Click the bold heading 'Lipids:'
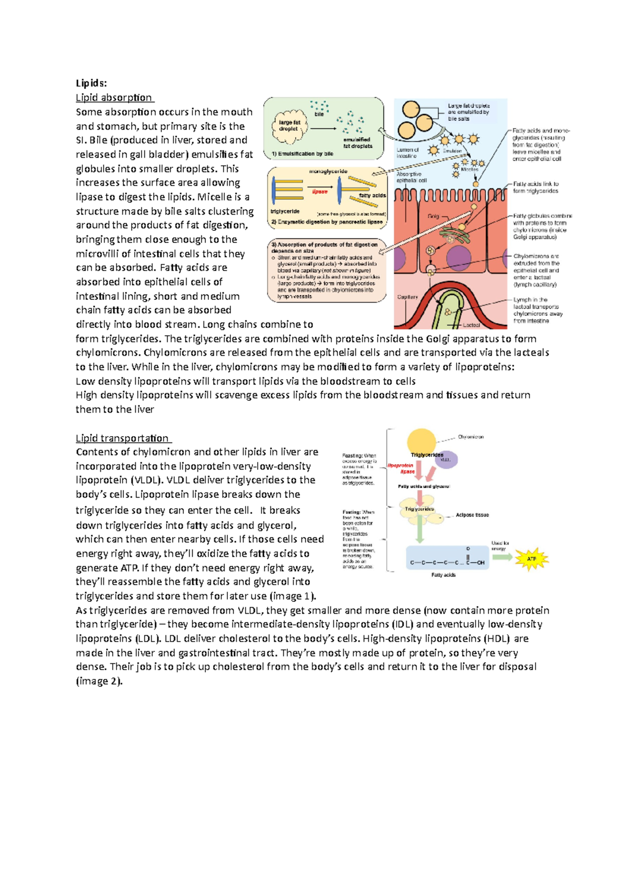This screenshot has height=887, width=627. point(91,83)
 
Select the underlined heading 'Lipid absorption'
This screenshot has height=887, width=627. point(114,98)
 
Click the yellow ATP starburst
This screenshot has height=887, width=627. point(531,559)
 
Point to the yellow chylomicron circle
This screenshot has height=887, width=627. point(421,441)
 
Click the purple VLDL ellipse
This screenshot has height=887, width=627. point(445,460)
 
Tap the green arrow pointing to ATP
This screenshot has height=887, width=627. point(502,557)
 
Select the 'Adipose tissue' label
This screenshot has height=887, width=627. point(472,515)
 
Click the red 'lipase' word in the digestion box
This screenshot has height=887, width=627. point(320,192)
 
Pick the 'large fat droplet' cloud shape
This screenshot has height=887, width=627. point(289,125)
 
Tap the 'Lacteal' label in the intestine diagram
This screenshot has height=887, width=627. point(471,325)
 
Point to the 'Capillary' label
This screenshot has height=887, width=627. point(407,297)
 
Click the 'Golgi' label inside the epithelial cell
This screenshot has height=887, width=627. point(433,216)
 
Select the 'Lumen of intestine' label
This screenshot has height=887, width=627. point(407,153)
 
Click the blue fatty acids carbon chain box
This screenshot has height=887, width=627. point(447,558)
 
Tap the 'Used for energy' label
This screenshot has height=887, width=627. point(500,546)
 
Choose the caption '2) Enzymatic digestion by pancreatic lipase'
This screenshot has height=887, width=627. point(327,222)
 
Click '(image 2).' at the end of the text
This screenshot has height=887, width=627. point(99,681)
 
